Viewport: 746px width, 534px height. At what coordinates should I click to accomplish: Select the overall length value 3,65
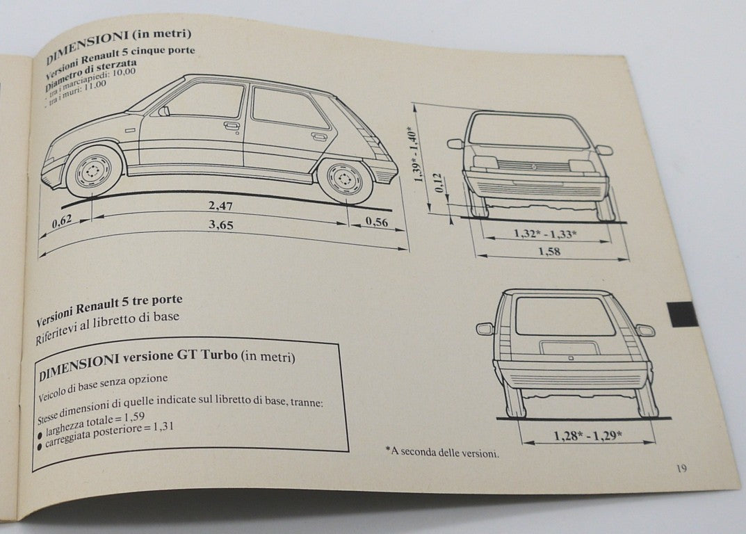[221, 226]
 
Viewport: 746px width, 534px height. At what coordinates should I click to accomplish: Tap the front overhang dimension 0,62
[63, 223]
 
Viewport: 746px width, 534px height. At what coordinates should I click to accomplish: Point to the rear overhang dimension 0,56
[375, 222]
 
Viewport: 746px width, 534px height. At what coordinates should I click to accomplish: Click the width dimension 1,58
[549, 251]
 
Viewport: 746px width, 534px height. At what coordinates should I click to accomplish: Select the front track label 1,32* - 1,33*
[544, 234]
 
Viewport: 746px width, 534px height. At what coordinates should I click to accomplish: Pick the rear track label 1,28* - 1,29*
[587, 436]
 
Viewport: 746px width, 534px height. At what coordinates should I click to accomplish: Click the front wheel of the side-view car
[92, 171]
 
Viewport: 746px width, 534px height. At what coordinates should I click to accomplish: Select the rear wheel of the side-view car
[344, 179]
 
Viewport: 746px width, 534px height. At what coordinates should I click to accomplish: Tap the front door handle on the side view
[232, 126]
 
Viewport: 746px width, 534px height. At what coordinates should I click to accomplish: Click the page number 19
[681, 469]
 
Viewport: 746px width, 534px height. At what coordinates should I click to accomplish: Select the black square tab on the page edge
[682, 314]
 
